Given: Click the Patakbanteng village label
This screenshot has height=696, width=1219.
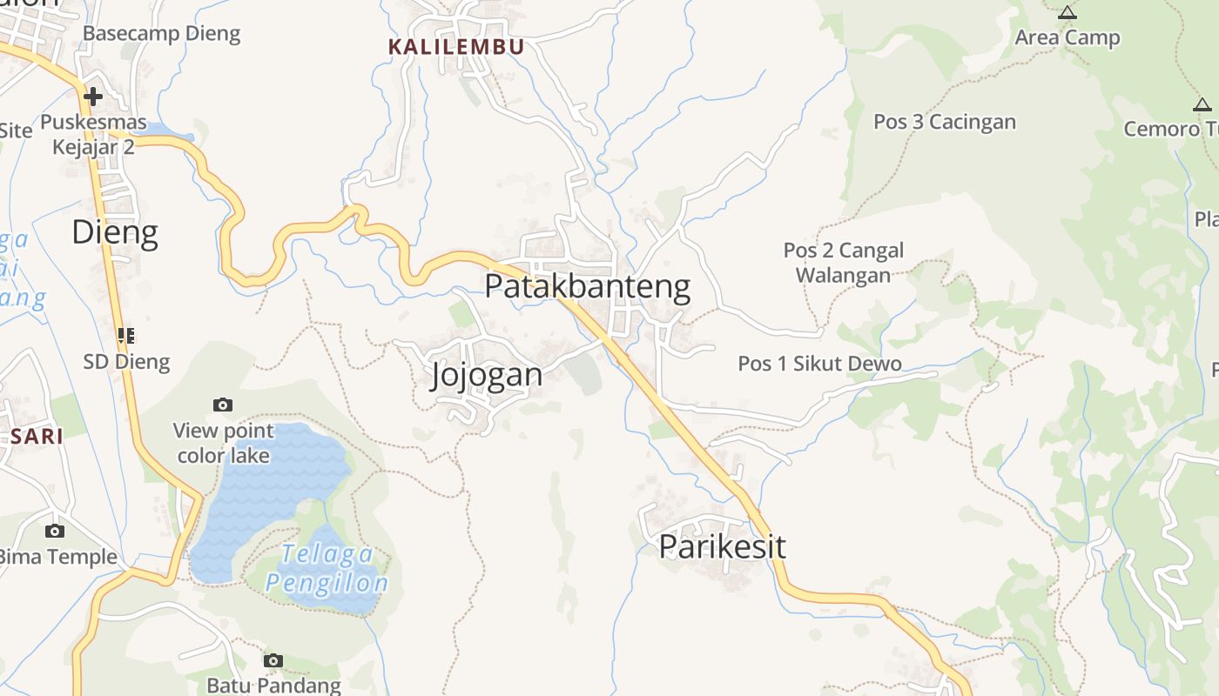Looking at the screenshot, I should tap(588, 286).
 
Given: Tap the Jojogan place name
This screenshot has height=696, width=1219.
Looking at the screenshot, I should tap(487, 374).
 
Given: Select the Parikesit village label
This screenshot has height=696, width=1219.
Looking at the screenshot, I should tap(722, 546).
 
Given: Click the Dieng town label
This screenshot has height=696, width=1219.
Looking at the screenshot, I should tap(115, 232).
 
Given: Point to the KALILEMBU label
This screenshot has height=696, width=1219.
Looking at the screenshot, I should tap(456, 47).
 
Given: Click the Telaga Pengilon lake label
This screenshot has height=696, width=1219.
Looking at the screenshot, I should tap(327, 568).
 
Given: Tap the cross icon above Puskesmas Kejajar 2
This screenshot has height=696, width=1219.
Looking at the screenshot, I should tap(93, 96).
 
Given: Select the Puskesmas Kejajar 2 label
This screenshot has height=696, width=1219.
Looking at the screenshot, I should tap(93, 134).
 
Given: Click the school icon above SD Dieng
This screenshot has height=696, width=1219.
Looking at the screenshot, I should tap(126, 335).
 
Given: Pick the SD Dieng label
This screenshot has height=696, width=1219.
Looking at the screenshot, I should tap(126, 361).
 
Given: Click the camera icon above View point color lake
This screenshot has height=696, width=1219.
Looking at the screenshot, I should tap(223, 405).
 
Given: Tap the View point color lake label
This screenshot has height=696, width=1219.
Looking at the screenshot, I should tap(223, 443).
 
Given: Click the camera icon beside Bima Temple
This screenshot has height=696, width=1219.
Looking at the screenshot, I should tap(55, 531).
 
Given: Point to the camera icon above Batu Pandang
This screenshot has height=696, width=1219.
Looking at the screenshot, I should tap(273, 660).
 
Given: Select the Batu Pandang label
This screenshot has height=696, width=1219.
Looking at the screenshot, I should tap(273, 686).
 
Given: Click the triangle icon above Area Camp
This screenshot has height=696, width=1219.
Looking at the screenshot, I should tap(1067, 12).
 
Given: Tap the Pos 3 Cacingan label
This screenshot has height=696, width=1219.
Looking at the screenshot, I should tap(945, 122).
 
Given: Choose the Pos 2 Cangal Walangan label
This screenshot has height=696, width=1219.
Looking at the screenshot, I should tap(843, 263).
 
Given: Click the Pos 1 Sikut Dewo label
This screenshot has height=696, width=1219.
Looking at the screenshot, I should tap(819, 364).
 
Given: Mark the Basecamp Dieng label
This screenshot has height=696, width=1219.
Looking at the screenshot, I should tap(161, 34).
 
